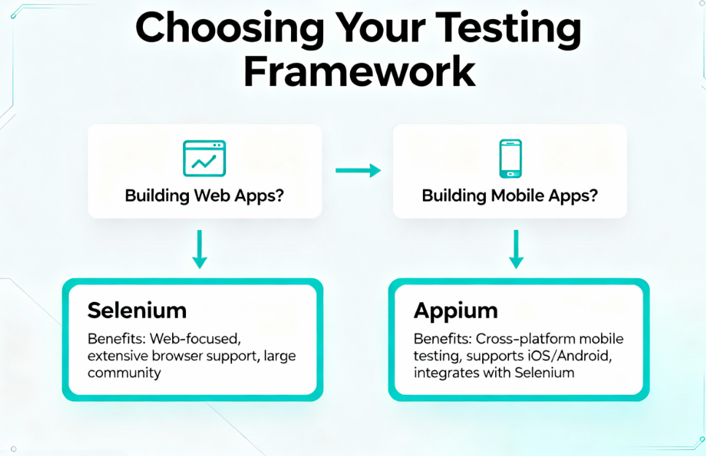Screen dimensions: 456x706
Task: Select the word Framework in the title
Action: (x=359, y=72)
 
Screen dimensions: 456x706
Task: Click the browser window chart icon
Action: (x=204, y=158)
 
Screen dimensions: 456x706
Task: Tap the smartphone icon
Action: (x=510, y=158)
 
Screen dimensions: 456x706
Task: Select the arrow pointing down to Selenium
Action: (x=200, y=249)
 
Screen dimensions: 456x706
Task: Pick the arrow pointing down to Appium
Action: (x=516, y=249)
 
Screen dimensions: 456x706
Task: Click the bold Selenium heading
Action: (x=137, y=310)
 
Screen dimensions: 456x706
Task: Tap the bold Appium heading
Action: (x=456, y=310)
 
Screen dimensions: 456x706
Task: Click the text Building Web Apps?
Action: (x=204, y=196)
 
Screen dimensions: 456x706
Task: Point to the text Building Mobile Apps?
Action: (x=509, y=196)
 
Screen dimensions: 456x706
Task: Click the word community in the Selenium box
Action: (x=124, y=373)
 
